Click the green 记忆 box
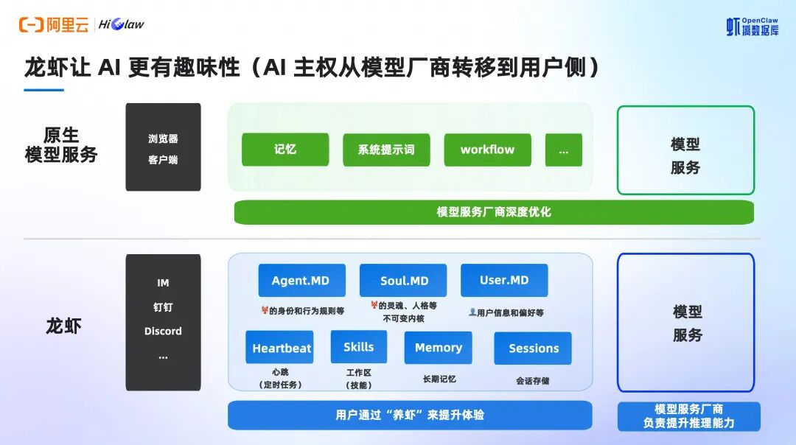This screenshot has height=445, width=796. click(x=285, y=150)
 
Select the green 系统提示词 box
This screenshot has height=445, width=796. click(x=386, y=150)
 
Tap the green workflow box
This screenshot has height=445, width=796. click(x=487, y=150)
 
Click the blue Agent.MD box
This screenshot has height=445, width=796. click(x=301, y=281)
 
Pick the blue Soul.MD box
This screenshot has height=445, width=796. click(x=403, y=281)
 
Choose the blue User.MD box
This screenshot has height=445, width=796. click(x=504, y=281)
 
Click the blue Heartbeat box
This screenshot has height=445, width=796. click(x=279, y=348)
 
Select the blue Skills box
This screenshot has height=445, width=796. click(x=359, y=347)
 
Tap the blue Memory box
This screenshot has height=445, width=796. click(x=438, y=348)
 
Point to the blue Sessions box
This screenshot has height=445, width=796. click(x=533, y=348)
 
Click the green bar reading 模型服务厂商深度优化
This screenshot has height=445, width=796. click(x=494, y=212)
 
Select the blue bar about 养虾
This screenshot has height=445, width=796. click(x=410, y=415)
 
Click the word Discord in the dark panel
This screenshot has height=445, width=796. click(x=163, y=332)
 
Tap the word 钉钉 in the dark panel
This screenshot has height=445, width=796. click(x=163, y=307)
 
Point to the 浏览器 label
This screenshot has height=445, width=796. click(x=163, y=139)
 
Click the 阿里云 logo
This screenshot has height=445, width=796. click(x=54, y=24)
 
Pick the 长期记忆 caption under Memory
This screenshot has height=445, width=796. click(x=439, y=379)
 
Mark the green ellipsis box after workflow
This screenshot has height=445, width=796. click(x=564, y=150)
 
